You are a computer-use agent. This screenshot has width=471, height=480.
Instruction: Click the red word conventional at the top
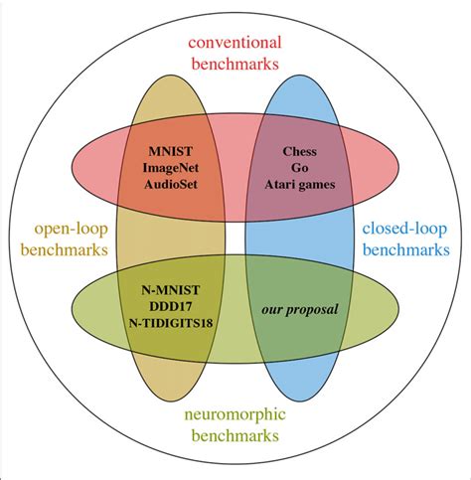click(235, 43)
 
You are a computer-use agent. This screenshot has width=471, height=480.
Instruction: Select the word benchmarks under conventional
click(235, 65)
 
